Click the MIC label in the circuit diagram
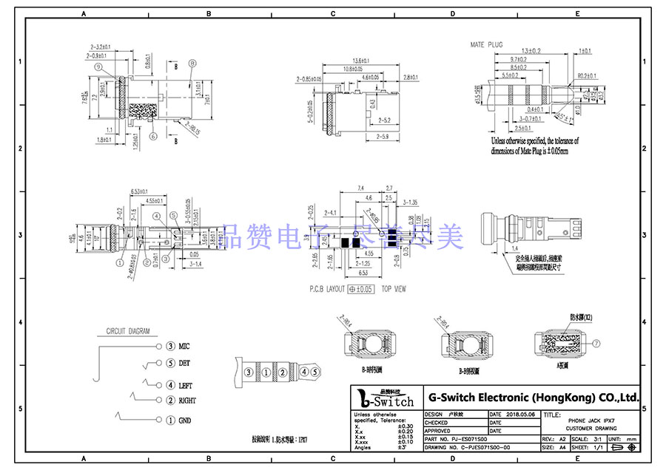[x=184, y=346]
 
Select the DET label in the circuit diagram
[x=184, y=363]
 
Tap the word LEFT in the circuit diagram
[x=185, y=385]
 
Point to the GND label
[x=185, y=420]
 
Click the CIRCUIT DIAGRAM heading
[x=128, y=331]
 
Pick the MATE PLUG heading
[x=486, y=45]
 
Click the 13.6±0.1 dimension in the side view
[x=361, y=60]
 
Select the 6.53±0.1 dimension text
[x=142, y=192]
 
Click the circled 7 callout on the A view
[x=597, y=344]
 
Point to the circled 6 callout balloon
[x=152, y=137]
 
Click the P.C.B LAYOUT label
[x=326, y=289]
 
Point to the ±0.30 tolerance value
[x=406, y=426]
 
